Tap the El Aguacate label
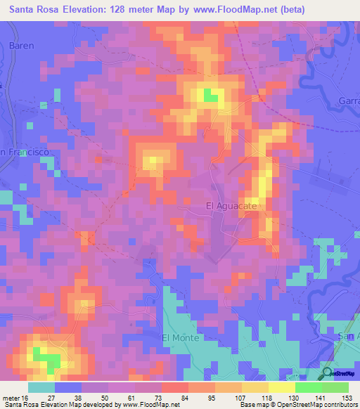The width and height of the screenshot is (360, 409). click(x=231, y=205)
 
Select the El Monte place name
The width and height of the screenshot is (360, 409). click(x=181, y=337)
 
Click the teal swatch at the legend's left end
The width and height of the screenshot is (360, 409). click(x=41, y=387)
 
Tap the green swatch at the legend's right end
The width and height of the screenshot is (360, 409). click(x=335, y=387)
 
